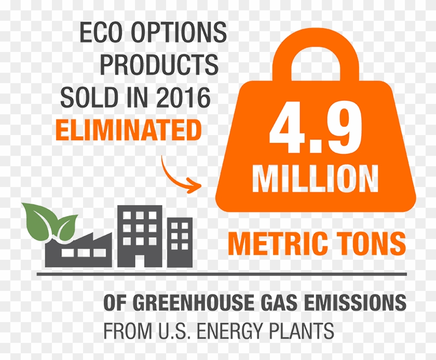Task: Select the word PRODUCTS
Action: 159,65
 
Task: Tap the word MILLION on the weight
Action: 315,178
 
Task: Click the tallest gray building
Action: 139,236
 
